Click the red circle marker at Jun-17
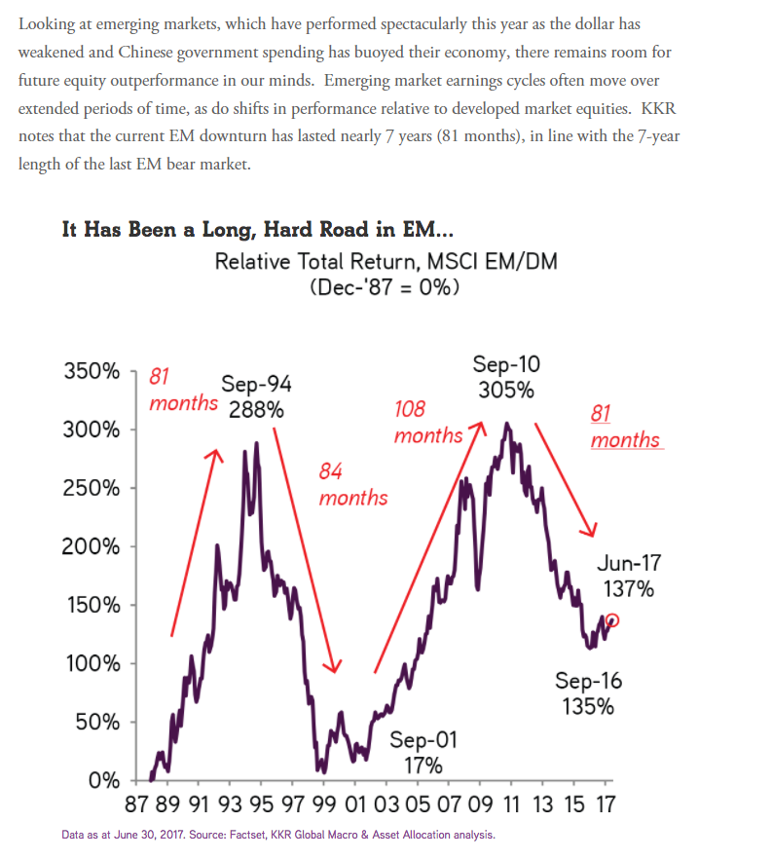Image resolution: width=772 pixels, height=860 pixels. coord(613,620)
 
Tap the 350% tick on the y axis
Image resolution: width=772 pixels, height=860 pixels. coord(132,371)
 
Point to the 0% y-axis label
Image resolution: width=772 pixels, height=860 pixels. coord(104,780)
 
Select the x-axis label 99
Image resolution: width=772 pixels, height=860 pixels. coord(323,804)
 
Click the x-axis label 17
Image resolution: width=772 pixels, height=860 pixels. coord(606,804)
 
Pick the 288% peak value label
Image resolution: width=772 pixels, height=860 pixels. coord(256,410)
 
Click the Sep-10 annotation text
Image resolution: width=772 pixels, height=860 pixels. coord(506,364)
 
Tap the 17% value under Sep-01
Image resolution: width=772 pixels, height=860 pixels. coord(423,766)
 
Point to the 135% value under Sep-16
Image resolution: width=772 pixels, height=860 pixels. coord(588,706)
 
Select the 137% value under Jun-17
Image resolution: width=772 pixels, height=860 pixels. coord(628,589)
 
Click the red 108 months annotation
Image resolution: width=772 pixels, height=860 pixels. coord(428,422)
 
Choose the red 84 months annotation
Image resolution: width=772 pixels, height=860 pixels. coord(353,484)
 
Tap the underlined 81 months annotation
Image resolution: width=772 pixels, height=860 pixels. coord(626,427)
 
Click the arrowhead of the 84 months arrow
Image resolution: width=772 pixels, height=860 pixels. coord(333,666)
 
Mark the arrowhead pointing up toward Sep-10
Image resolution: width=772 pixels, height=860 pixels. coord(478,429)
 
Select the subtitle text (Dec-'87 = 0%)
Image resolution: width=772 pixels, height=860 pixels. coord(385,287)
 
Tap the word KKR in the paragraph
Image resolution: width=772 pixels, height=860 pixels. coord(658,108)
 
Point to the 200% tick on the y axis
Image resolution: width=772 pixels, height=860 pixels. coord(132,546)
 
